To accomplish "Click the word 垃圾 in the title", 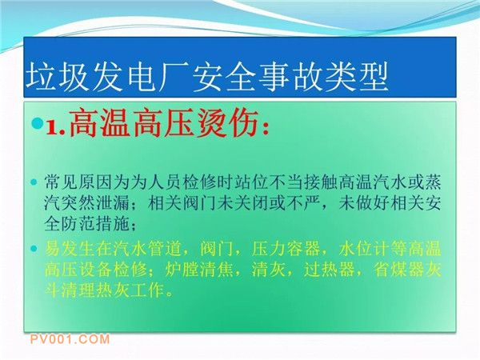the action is point(58,77).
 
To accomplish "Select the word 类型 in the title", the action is point(358,77).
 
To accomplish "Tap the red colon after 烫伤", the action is point(266,127).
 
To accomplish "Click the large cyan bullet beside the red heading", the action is point(38,122).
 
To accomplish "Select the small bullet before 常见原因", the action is point(34,182).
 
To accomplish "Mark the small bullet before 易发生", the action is point(34,248).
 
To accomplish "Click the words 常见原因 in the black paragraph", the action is point(78,182).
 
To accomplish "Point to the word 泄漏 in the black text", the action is point(113,203).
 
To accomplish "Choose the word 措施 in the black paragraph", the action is point(113,224).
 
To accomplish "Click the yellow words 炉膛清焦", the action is point(199,270).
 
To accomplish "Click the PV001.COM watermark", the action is point(70,339).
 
